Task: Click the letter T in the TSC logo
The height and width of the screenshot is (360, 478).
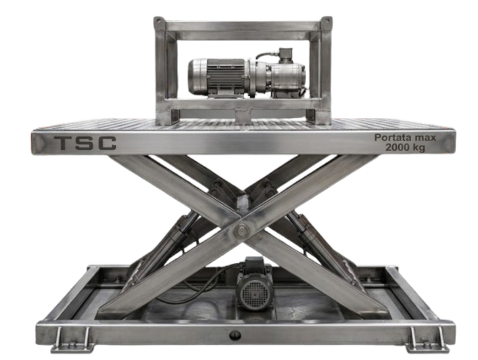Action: [x=64, y=143]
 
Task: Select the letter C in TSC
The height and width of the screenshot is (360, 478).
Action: [x=107, y=143]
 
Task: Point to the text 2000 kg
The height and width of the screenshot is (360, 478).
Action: [x=405, y=147]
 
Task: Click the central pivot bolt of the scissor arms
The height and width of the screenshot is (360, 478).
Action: [x=242, y=230]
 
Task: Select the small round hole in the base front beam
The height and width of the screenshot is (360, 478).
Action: [x=235, y=335]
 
